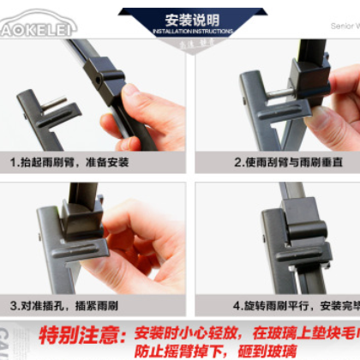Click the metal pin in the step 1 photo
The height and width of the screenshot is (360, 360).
[x=54, y=104]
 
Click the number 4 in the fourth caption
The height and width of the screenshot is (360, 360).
[x=237, y=304]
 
